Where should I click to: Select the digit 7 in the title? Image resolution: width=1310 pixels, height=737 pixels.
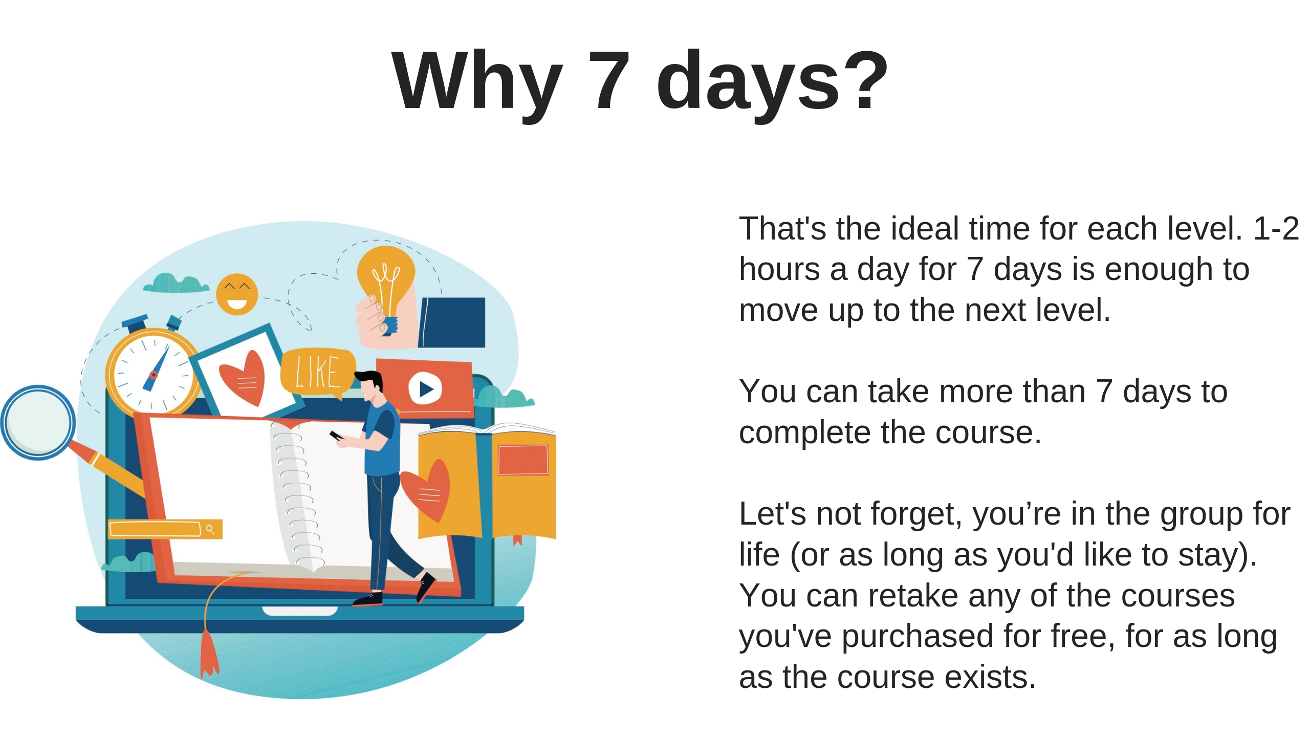click(609, 80)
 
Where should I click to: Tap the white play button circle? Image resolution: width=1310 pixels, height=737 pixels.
click(425, 389)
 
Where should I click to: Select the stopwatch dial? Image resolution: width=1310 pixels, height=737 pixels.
click(153, 374)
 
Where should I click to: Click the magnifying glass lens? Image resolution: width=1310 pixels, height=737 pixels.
click(38, 422)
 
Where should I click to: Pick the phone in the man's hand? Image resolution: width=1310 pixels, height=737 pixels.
click(336, 436)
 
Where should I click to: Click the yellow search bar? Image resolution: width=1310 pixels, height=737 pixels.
click(165, 529)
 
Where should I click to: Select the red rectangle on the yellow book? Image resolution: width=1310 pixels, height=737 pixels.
click(523, 460)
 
